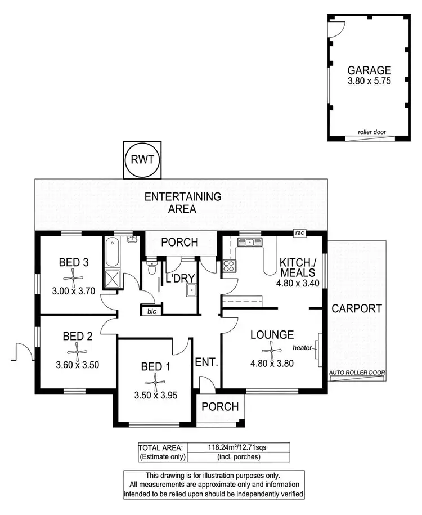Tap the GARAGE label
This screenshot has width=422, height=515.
(369, 70)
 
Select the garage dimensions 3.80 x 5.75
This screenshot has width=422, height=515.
(369, 81)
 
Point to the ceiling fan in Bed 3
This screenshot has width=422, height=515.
(72, 276)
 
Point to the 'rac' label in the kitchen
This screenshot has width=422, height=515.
(299, 232)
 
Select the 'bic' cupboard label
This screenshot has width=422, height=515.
(150, 310)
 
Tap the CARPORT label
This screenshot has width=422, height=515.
(356, 308)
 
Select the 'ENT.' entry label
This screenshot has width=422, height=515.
(205, 362)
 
